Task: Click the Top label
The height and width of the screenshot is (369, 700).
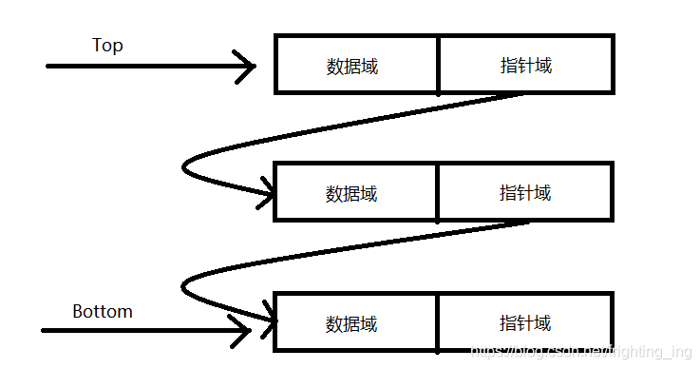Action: click(x=107, y=46)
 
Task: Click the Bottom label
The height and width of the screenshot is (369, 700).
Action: click(x=103, y=311)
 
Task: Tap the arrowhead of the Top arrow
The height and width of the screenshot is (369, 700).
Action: click(x=251, y=67)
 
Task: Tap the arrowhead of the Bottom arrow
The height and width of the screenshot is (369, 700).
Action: click(x=246, y=331)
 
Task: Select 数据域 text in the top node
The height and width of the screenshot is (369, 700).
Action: click(x=352, y=67)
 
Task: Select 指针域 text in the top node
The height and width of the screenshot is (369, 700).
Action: click(x=526, y=66)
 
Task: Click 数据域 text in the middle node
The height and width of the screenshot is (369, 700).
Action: click(x=351, y=194)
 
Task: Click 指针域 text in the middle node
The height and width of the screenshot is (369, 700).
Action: click(x=525, y=193)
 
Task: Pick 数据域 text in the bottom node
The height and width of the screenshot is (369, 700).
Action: click(x=351, y=324)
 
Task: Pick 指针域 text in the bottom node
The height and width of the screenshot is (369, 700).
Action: click(x=525, y=323)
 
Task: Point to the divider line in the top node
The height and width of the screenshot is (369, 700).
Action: click(x=438, y=65)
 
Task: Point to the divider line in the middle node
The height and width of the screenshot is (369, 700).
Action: click(x=437, y=192)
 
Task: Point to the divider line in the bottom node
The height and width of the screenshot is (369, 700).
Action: click(x=437, y=322)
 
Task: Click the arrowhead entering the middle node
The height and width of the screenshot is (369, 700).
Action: click(x=268, y=196)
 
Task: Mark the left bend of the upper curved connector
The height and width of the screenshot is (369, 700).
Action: click(x=184, y=167)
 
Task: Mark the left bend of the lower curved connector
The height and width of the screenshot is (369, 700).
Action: click(x=183, y=284)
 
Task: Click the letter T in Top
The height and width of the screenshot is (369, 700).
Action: click(x=97, y=45)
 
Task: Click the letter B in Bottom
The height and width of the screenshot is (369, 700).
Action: click(x=78, y=311)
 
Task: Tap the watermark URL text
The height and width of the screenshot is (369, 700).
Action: click(x=582, y=353)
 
